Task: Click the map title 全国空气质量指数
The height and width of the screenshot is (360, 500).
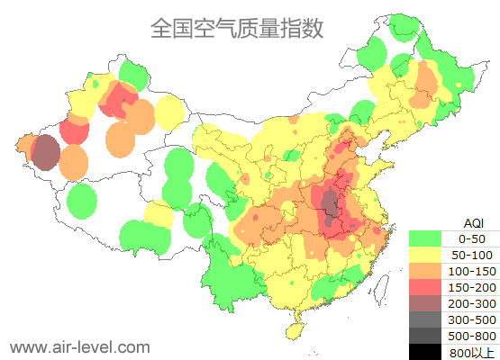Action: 236,28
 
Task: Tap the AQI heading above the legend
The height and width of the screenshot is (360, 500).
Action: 473,222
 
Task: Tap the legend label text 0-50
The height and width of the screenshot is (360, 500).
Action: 472,238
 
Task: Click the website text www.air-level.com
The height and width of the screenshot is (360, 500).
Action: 79,346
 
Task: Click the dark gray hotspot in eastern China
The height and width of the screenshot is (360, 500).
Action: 331,206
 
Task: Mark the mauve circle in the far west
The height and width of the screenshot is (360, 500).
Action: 46,153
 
